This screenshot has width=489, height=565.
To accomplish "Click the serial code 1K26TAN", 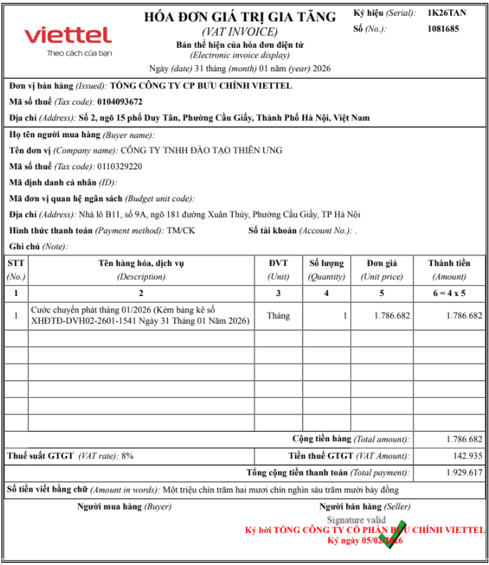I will click(447, 13).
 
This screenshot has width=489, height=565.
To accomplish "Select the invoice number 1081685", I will click(443, 28).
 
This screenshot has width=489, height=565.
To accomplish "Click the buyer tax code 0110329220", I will click(120, 167).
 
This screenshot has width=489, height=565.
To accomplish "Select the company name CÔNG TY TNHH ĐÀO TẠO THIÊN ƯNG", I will click(201, 150).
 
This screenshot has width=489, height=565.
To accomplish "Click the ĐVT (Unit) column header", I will click(278, 270).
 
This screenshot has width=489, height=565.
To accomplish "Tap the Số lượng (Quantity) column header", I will click(326, 270).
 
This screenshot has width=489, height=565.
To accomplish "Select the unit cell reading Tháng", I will click(278, 315).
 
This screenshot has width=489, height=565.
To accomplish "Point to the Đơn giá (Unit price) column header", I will click(382, 270).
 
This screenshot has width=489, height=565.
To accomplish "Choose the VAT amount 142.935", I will click(468, 455).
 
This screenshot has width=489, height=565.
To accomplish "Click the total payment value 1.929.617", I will click(464, 472).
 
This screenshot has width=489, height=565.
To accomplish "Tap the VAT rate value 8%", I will click(127, 455).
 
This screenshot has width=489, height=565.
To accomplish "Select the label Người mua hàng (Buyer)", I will click(124, 507).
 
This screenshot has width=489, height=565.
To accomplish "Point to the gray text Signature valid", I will click(356, 520).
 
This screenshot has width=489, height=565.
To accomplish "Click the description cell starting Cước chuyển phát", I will click(141, 315).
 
